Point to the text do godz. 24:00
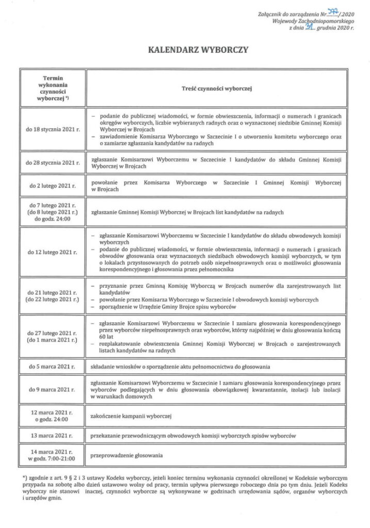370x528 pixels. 53,219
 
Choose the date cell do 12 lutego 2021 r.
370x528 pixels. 53,253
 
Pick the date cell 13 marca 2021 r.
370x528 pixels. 53,435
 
